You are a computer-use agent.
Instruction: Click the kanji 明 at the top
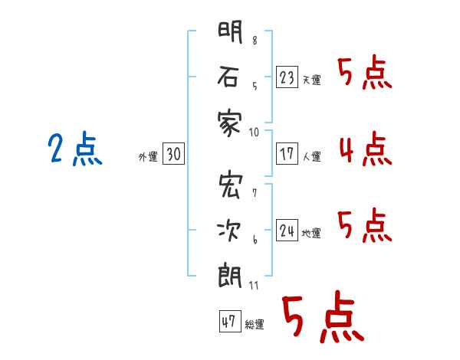tap(230, 32)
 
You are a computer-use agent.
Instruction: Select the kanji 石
tap(228, 77)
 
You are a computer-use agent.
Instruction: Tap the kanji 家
tap(230, 123)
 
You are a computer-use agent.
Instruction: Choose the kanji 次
tap(229, 231)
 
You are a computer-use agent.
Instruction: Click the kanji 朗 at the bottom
tap(230, 276)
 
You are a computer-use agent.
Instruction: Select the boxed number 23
tap(287, 77)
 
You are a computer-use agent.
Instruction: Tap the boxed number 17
tap(287, 154)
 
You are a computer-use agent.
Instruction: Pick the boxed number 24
tap(287, 230)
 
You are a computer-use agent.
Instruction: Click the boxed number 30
tap(174, 154)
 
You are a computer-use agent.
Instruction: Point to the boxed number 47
tap(230, 321)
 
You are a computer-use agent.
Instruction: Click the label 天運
tap(311, 80)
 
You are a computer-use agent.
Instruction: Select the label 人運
tap(311, 156)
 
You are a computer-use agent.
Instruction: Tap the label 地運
tap(311, 233)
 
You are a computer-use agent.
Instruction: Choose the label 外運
tap(148, 157)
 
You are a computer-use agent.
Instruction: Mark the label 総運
tap(255, 324)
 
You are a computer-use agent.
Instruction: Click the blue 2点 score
tap(75, 148)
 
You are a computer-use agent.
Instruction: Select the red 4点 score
tap(366, 149)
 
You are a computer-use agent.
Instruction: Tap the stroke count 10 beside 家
tap(254, 133)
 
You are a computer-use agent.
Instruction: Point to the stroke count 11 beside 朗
tap(254, 285)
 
